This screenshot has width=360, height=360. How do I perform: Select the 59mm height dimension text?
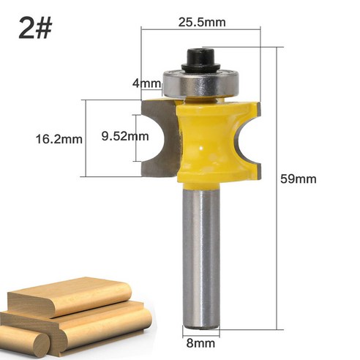tap(301, 179)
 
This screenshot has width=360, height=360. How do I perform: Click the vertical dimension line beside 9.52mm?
tap(136, 138)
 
